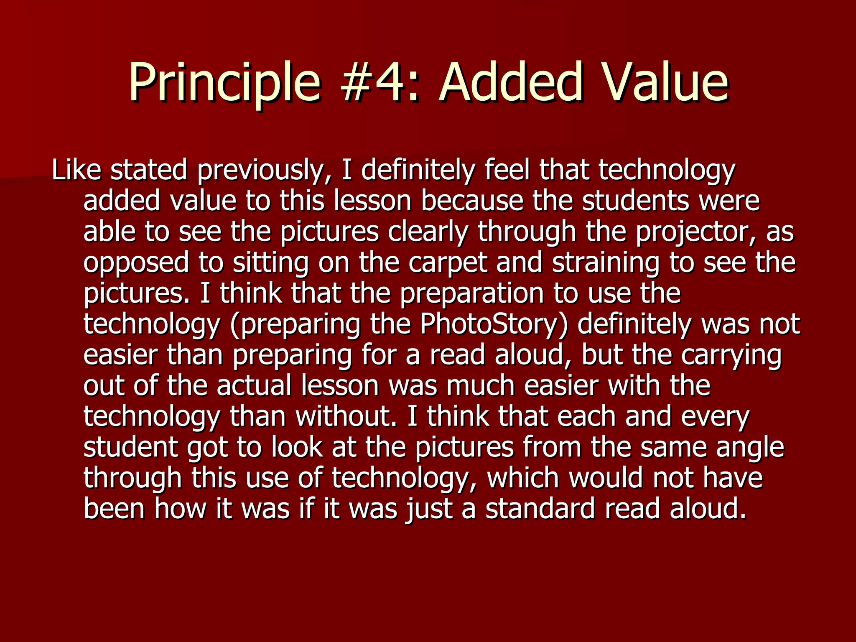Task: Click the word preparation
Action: pyautogui.click(x=472, y=294)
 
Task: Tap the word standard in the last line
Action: pyautogui.click(x=540, y=509)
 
